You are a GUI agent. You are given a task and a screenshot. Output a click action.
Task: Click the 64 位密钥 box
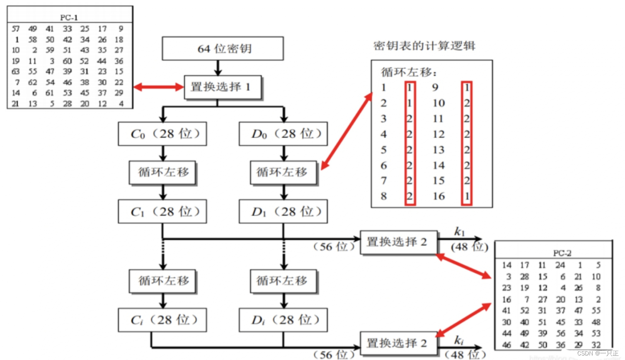(x=223, y=49)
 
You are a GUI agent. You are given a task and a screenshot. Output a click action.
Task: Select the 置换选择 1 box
(x=223, y=87)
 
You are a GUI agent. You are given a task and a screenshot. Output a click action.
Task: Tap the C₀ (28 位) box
(x=162, y=134)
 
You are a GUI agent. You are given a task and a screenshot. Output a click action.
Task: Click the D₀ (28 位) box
(x=283, y=134)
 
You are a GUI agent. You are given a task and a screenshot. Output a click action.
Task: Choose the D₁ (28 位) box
(x=283, y=212)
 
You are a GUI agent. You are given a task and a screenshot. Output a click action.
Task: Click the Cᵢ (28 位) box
(x=162, y=320)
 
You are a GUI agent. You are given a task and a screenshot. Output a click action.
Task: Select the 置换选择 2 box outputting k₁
(x=398, y=242)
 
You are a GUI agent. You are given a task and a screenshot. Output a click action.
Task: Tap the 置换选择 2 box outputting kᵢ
(x=398, y=343)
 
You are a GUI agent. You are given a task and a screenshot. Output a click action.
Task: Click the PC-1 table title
(x=69, y=17)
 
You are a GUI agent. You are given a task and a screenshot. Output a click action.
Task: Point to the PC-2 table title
(x=562, y=253)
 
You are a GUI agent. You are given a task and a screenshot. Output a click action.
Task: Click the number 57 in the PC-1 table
(x=16, y=29)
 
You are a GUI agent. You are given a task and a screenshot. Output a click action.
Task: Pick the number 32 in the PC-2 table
(x=596, y=345)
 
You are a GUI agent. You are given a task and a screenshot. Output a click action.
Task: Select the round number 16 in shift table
(x=438, y=196)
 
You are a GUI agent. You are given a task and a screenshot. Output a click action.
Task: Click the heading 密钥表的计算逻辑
(x=424, y=46)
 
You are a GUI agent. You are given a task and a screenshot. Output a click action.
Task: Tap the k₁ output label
(x=459, y=231)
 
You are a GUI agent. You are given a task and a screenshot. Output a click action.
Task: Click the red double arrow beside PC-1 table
(x=158, y=87)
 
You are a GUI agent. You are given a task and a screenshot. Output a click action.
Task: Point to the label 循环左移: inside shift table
(x=409, y=72)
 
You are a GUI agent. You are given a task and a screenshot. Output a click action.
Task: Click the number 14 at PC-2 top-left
(x=506, y=265)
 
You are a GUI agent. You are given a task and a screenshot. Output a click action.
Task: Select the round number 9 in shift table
(x=435, y=88)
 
